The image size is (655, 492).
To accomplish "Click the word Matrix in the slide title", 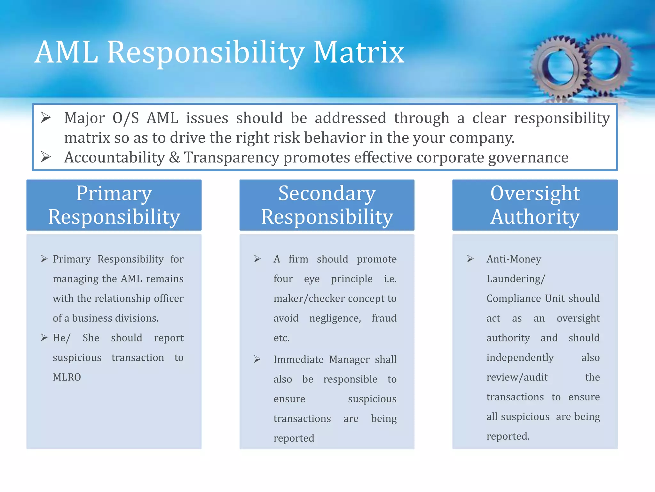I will coord(359,52).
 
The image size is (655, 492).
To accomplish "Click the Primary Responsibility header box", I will coord(114,205).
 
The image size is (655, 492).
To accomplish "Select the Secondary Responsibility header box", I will coord(327,205).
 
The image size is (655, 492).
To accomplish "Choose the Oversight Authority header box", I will coord(535,205).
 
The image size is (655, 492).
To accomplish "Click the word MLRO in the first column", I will coord(67,377).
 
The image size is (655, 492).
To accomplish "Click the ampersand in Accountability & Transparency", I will coord(174,157).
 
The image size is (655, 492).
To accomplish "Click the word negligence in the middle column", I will coord(335,318).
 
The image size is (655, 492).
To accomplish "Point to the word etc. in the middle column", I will coord(281,338).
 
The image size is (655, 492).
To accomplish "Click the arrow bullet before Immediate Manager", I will coord(257,359).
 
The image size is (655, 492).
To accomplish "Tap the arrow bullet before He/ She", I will coord(44,338).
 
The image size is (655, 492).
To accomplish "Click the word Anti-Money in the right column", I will coord(514,259).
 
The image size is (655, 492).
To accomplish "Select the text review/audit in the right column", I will coord(517,377).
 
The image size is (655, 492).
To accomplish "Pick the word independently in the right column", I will coord(520,357).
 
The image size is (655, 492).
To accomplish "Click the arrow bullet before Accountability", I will coord(46,157).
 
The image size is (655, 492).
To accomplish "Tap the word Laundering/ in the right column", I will coord(516,279).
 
